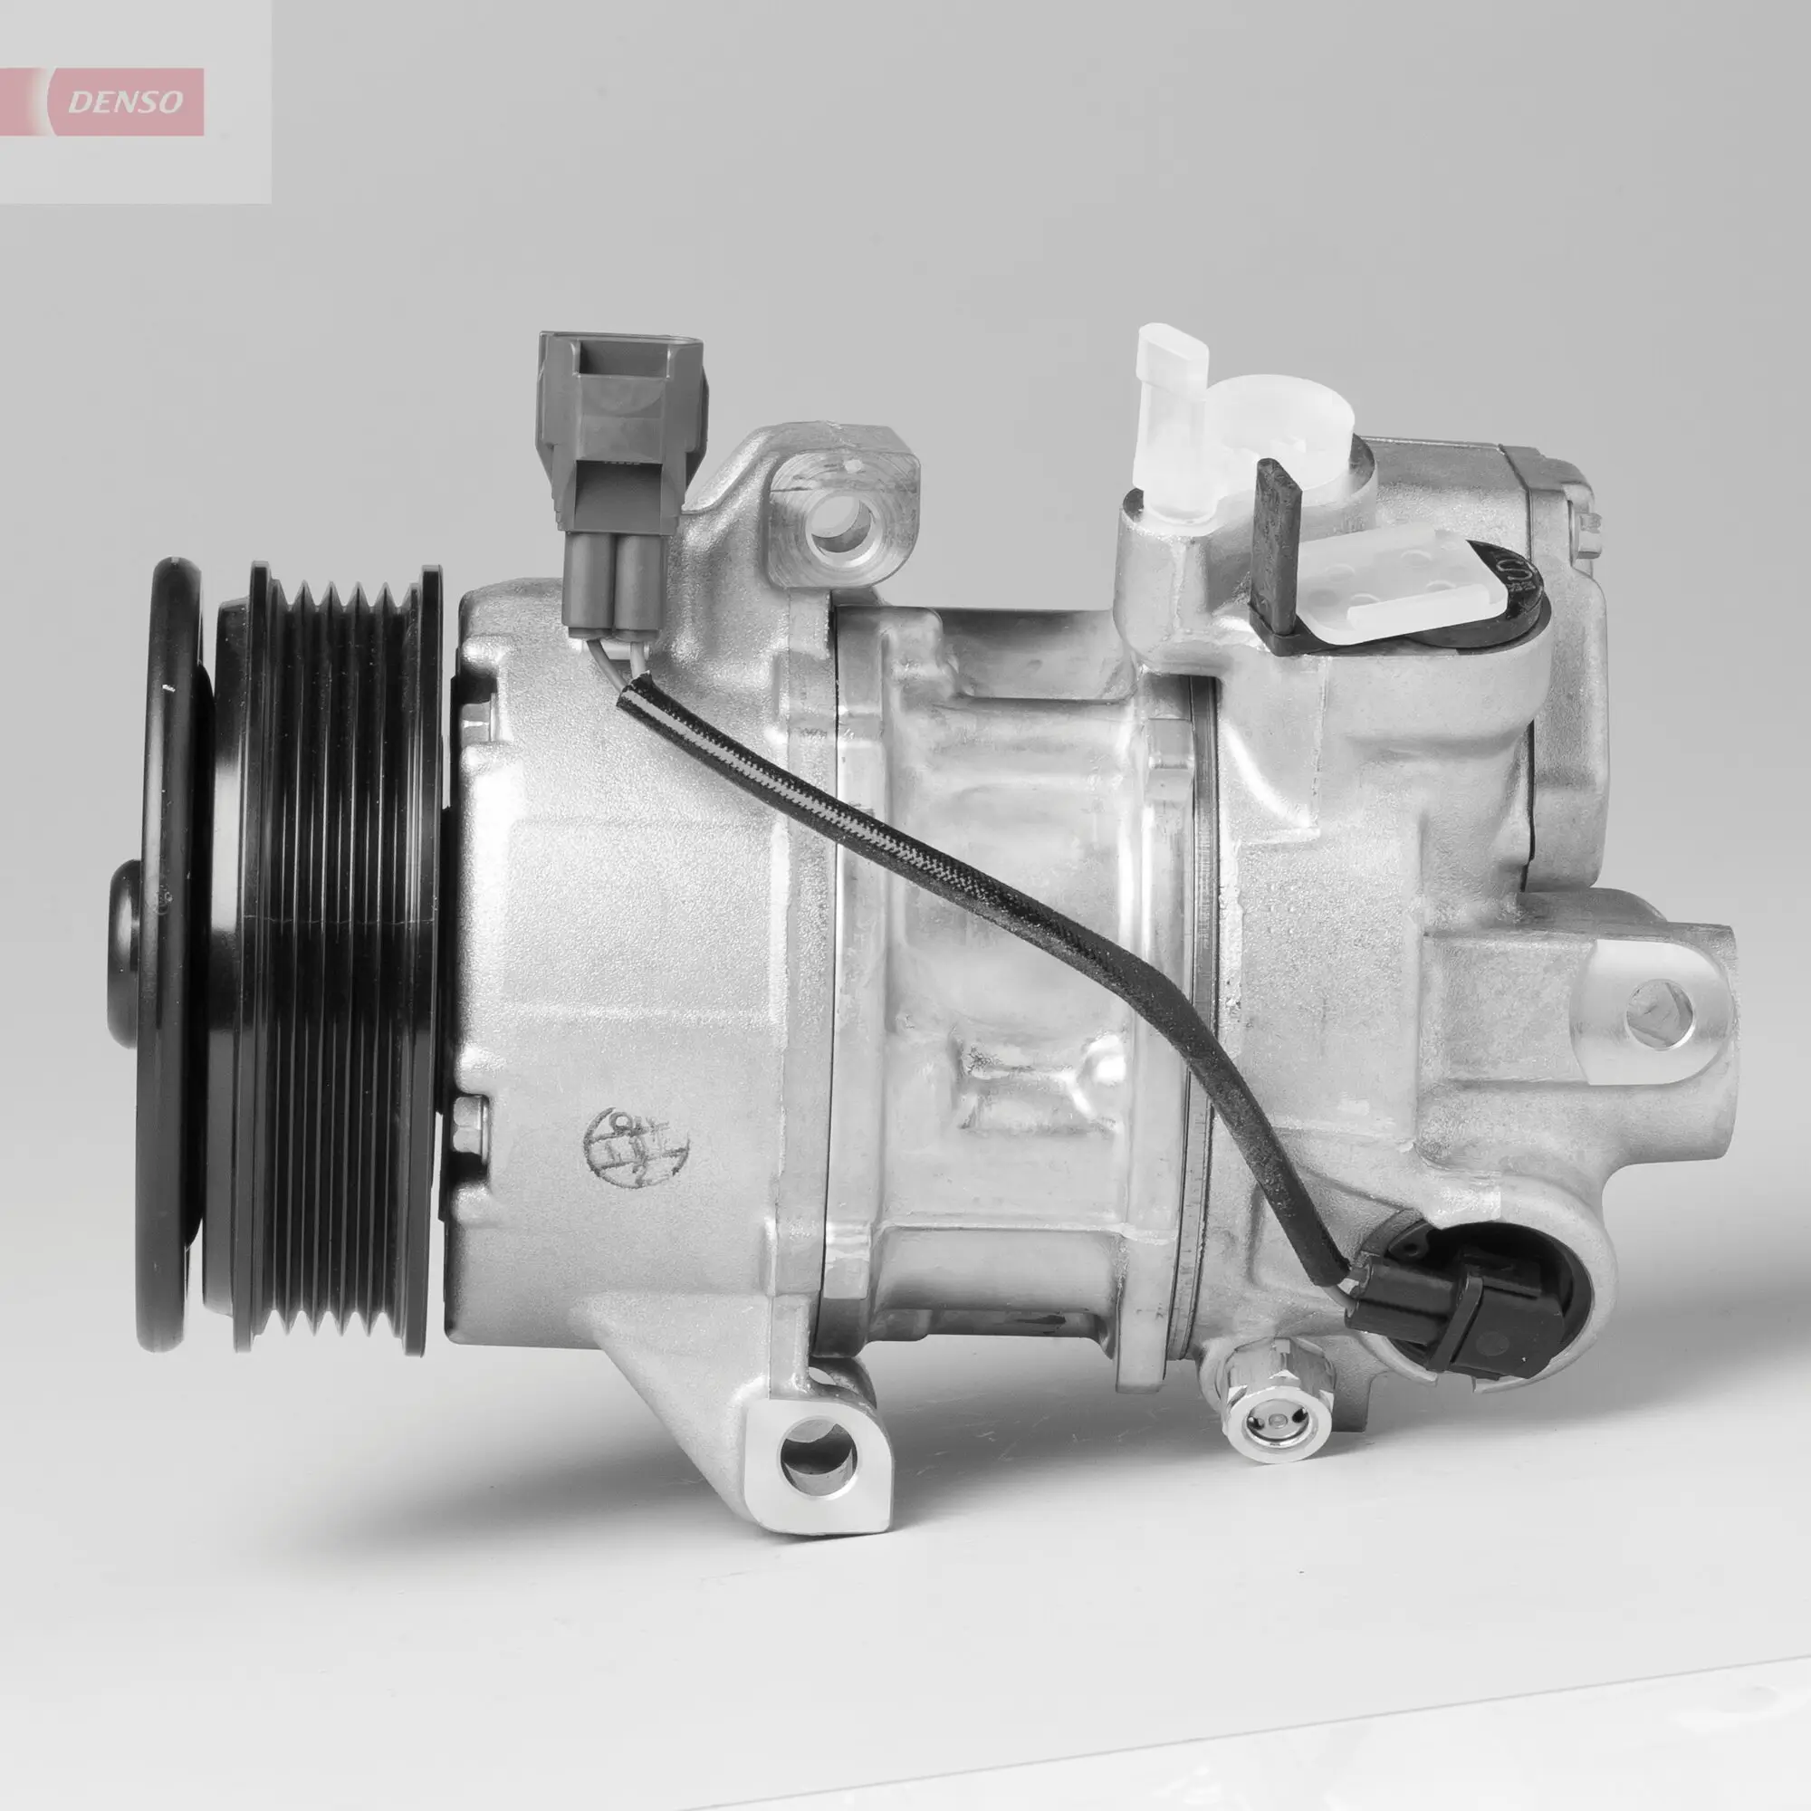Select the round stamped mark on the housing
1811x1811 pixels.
[637, 1145]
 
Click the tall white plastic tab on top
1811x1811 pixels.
[1172, 412]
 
